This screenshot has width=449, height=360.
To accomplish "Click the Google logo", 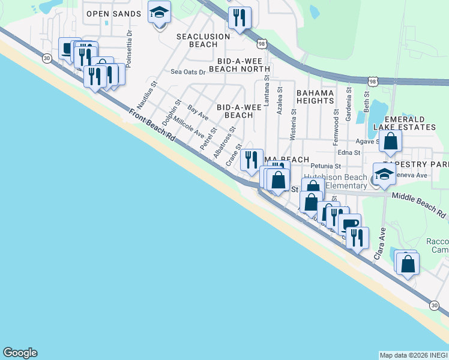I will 20,353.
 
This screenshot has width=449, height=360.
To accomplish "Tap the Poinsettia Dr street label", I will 130,43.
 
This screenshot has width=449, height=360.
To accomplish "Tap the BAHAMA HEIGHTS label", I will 315,97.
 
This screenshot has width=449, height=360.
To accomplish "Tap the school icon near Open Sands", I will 160,13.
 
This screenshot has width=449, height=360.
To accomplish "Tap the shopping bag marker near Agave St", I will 390,142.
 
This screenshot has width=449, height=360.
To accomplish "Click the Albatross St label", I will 224,143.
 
